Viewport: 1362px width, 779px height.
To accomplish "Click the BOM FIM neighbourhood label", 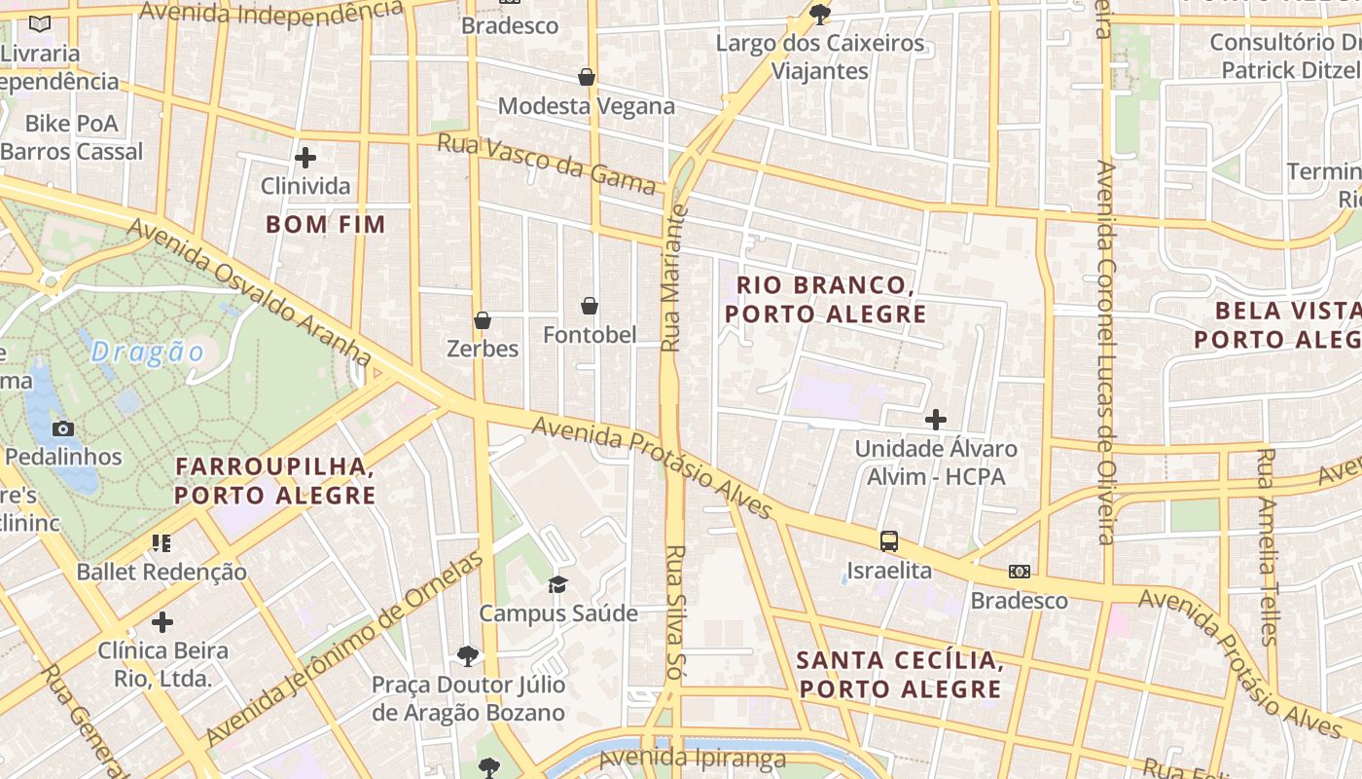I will (326, 224).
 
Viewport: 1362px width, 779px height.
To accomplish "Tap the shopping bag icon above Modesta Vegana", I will (587, 77).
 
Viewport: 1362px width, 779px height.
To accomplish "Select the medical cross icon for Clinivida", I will (305, 157).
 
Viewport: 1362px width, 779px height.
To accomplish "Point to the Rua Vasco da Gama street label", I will (546, 164).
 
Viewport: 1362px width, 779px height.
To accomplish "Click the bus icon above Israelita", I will (888, 541).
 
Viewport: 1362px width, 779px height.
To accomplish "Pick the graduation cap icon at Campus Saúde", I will (557, 584).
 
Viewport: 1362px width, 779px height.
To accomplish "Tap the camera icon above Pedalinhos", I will (63, 428).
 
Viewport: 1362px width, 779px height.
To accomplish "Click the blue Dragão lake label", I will (148, 352).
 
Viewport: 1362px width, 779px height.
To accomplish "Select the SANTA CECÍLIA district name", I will (899, 674).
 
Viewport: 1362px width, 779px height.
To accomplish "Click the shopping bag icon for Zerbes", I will (482, 320).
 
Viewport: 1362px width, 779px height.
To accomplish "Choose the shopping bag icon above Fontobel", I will (590, 307).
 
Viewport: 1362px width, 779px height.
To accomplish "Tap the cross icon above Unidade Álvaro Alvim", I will (935, 420).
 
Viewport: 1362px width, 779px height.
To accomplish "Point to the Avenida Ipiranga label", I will (692, 758).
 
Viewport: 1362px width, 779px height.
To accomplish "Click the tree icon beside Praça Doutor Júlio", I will (468, 655).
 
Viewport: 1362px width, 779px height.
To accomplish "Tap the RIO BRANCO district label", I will (825, 299).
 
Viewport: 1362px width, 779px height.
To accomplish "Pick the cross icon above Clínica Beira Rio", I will (162, 621).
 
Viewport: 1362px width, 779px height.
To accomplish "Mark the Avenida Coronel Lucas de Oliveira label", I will (1105, 351).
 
